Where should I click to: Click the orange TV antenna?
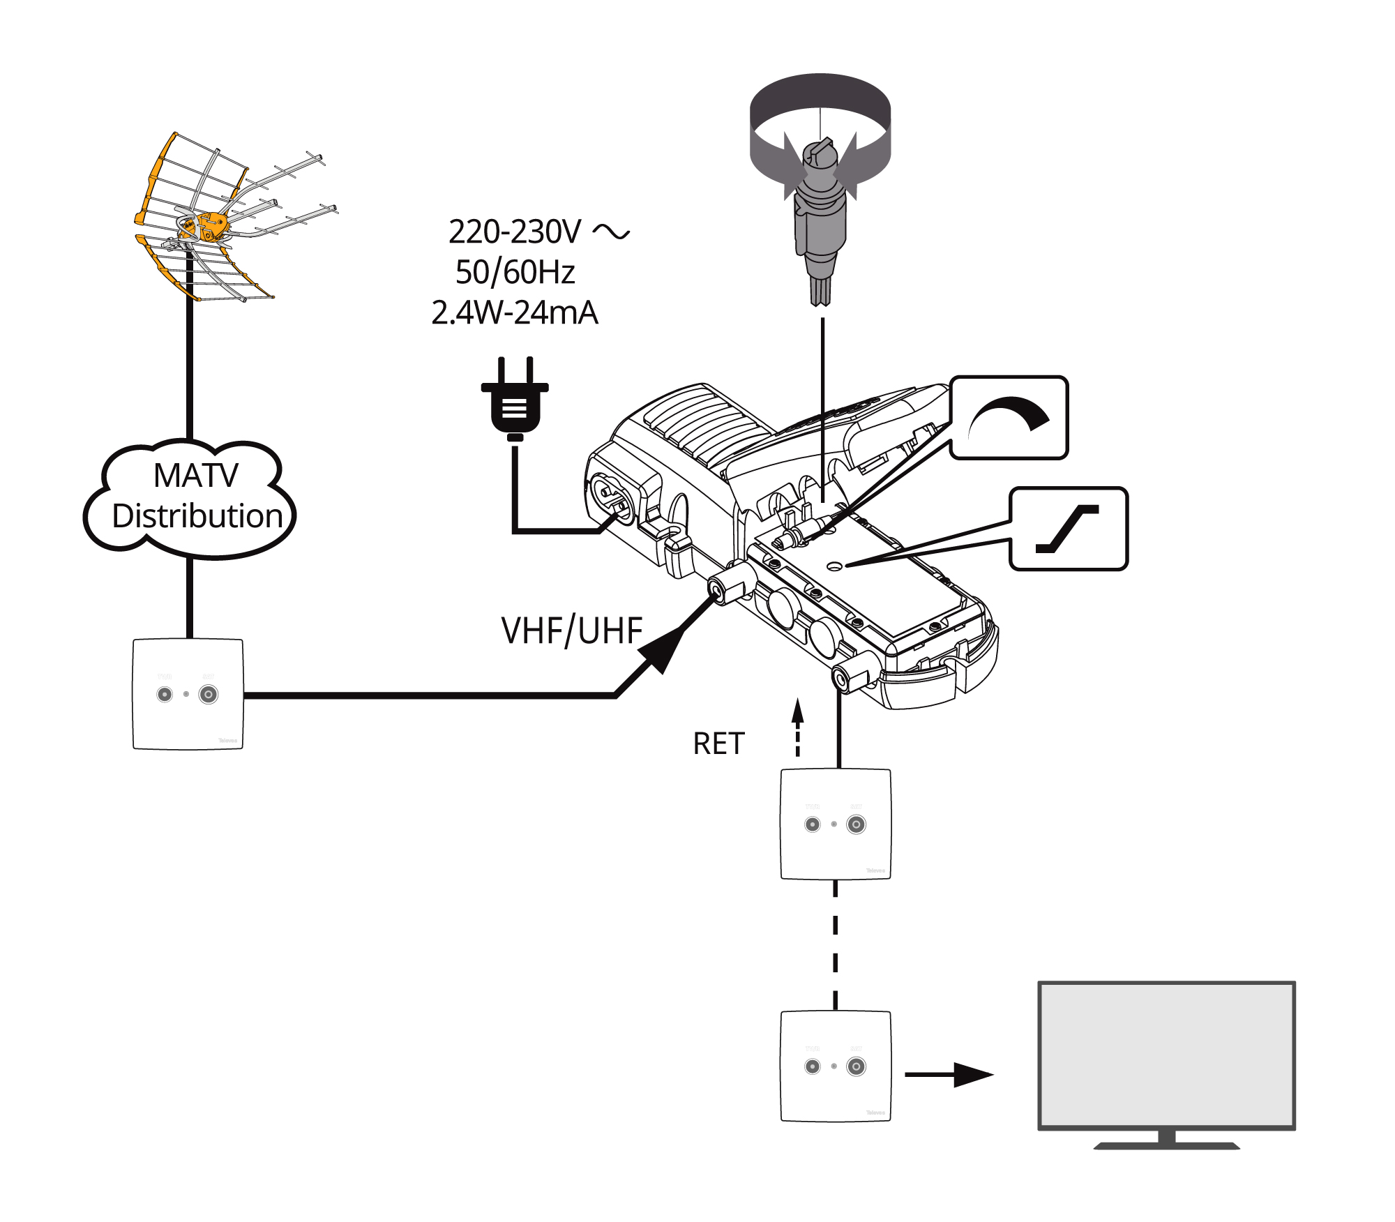pyautogui.click(x=209, y=216)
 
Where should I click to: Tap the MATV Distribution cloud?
pyautogui.click(x=190, y=497)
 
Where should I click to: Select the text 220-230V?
pyautogui.click(x=514, y=232)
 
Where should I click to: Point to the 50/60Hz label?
pyautogui.click(x=515, y=272)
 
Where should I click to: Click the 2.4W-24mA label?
pyautogui.click(x=515, y=312)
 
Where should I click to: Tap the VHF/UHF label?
pyautogui.click(x=571, y=631)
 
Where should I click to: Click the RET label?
pyautogui.click(x=718, y=744)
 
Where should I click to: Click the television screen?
pyautogui.click(x=1166, y=1055)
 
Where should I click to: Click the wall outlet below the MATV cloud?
pyautogui.click(x=188, y=694)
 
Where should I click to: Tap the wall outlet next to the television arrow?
pyautogui.click(x=836, y=1066)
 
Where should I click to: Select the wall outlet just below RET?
pyautogui.click(x=836, y=824)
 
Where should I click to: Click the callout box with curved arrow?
pyautogui.click(x=1009, y=418)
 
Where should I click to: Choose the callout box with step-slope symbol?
pyautogui.click(x=1069, y=529)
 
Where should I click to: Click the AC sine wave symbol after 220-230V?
pyautogui.click(x=611, y=232)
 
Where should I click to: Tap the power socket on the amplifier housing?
pyautogui.click(x=612, y=499)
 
